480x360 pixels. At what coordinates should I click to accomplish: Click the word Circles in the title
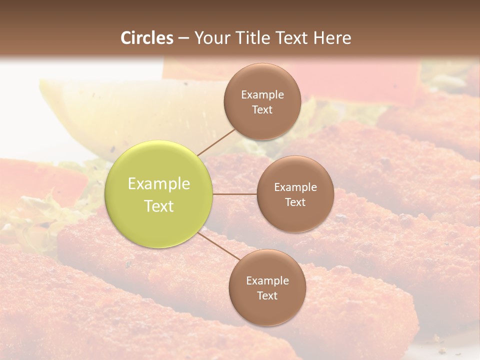(x=147, y=38)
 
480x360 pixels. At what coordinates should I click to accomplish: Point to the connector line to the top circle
(x=216, y=141)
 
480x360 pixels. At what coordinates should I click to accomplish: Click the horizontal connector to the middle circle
(x=235, y=194)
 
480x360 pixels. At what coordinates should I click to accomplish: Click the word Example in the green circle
(x=159, y=184)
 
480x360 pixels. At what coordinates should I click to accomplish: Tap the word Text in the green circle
(x=159, y=206)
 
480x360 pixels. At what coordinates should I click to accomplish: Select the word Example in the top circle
(x=262, y=94)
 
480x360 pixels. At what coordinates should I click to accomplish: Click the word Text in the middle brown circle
(x=295, y=202)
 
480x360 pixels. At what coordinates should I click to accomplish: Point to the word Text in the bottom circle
(x=267, y=295)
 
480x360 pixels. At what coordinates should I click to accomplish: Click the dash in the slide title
(x=183, y=38)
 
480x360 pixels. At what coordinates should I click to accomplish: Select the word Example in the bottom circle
(x=267, y=280)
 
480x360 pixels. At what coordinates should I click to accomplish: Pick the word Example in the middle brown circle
(x=295, y=187)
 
